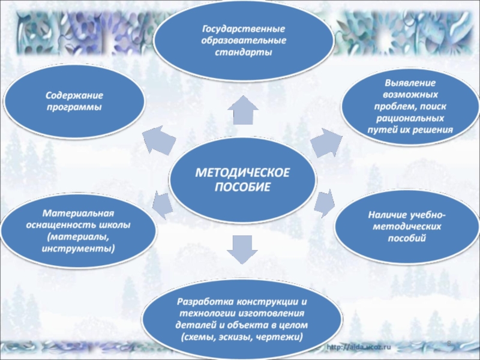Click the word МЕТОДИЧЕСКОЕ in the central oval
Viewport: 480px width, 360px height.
(243, 173)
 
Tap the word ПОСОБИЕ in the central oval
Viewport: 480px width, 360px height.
(243, 186)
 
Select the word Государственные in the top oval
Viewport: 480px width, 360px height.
(243, 29)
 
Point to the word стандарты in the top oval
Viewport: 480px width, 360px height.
(243, 52)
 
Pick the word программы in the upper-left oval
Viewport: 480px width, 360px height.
(75, 107)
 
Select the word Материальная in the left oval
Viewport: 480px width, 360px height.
(77, 214)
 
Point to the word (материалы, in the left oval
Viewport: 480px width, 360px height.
(79, 236)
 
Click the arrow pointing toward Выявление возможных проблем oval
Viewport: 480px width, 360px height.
(327, 143)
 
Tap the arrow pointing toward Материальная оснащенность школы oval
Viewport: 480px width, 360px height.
(162, 203)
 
